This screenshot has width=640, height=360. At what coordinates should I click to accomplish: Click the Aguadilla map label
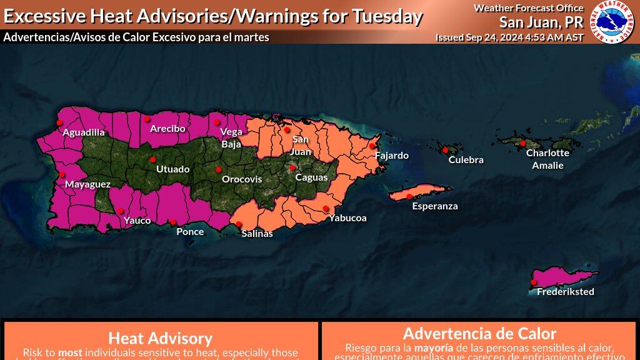click(x=84, y=132)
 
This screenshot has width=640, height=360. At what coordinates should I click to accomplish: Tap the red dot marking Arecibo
click(x=147, y=118)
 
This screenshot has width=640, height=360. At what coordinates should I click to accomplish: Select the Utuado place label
click(x=172, y=169)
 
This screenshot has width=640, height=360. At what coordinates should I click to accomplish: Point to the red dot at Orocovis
click(x=219, y=169)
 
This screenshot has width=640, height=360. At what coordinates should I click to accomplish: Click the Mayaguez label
click(x=87, y=184)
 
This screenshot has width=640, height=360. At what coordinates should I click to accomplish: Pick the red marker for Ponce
click(x=173, y=222)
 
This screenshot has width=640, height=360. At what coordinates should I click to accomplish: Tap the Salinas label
click(x=257, y=234)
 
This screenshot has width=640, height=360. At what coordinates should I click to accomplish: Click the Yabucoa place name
click(x=347, y=218)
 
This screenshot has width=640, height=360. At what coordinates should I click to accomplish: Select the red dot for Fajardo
click(x=372, y=146)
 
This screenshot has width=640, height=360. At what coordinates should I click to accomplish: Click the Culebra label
click(x=466, y=160)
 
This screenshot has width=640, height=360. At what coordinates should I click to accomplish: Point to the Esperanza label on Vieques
click(x=435, y=206)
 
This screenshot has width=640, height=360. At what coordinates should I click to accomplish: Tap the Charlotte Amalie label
click(x=547, y=159)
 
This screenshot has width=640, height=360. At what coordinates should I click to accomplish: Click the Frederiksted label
click(x=566, y=292)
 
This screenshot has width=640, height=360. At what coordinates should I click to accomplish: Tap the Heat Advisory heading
click(x=161, y=338)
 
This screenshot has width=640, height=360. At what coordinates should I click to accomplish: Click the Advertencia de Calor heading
click(x=479, y=333)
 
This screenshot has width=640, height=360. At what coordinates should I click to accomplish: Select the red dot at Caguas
click(x=292, y=167)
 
